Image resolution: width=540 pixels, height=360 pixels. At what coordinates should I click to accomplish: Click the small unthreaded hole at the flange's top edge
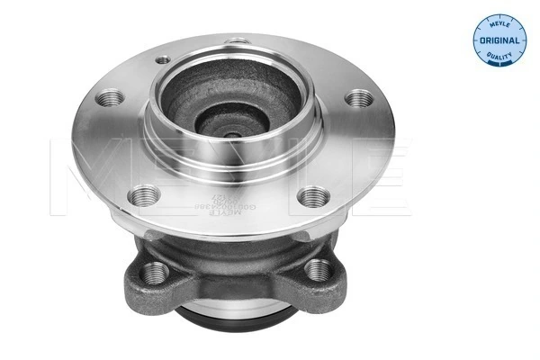(x=237, y=40)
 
